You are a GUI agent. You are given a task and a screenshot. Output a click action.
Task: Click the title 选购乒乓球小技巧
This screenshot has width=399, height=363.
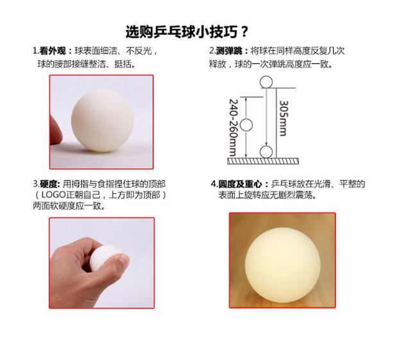coord(182,32)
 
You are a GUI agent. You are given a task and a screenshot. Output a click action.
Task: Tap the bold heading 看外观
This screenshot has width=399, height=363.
coord(53,51)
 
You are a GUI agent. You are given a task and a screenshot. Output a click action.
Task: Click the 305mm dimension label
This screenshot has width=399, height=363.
coord(284,118)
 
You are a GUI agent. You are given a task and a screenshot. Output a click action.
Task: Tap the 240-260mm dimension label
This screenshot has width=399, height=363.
coord(233,127)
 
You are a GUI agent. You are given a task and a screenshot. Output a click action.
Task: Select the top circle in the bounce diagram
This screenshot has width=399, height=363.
coord(266,82)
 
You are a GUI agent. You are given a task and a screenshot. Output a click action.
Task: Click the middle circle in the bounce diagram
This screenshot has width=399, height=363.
coord(246,125)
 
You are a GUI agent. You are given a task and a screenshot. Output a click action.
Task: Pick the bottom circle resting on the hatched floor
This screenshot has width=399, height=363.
coord(266,152)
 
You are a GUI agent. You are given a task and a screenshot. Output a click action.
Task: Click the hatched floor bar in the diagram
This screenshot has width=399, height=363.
coord(263,161)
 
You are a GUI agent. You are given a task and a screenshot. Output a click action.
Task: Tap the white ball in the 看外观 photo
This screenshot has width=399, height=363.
coord(102,121)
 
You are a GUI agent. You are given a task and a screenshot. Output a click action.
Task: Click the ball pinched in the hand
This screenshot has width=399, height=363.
coord(106,259)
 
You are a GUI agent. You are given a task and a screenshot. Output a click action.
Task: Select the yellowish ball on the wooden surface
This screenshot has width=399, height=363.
coord(283,265)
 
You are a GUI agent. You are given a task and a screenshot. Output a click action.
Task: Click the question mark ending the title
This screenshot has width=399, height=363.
coord(244,32)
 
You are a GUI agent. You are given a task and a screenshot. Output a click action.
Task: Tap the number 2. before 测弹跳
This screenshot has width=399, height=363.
coord(212,51)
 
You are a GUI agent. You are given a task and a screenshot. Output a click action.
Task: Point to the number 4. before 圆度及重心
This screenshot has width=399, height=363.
coord(214,184)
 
